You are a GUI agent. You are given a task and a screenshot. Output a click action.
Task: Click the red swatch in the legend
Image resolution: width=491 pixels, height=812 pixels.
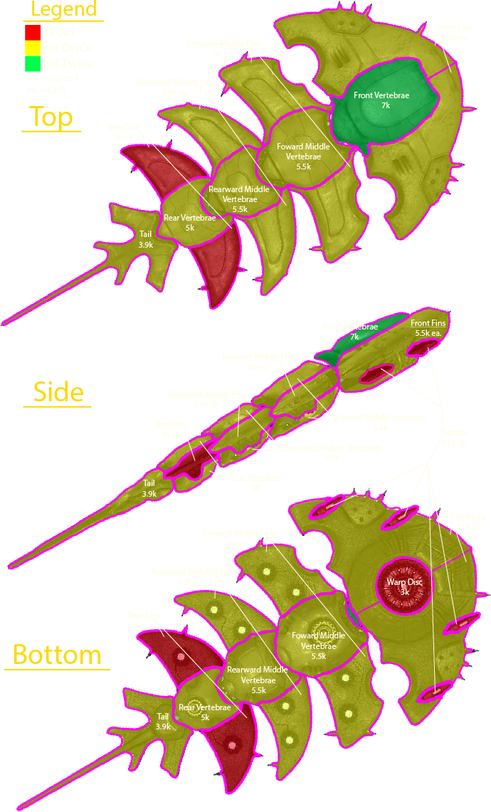pyautogui.click(x=32, y=33)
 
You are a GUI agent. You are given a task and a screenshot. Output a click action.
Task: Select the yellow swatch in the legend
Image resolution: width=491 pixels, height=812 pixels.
pyautogui.click(x=32, y=48)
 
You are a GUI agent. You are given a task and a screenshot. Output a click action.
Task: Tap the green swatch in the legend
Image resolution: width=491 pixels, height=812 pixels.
pyautogui.click(x=32, y=64)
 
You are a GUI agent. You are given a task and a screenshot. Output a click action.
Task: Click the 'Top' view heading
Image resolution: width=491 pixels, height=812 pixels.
pyautogui.click(x=51, y=117)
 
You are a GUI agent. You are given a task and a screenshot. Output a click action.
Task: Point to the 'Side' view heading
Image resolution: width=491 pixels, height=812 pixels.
pyautogui.click(x=58, y=392)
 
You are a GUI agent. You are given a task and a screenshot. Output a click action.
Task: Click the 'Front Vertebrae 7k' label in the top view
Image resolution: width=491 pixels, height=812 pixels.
pyautogui.click(x=376, y=99)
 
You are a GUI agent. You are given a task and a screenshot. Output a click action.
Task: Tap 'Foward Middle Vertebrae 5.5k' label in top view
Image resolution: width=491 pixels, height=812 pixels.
pyautogui.click(x=299, y=156)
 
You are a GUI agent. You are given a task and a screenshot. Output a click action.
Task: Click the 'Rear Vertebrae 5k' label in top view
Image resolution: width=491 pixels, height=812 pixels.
pyautogui.click(x=189, y=223)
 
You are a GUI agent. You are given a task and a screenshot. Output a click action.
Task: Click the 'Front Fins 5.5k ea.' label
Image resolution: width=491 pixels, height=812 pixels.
pyautogui.click(x=428, y=328)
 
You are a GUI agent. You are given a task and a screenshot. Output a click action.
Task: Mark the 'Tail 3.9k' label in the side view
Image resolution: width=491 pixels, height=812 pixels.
pyautogui.click(x=149, y=488)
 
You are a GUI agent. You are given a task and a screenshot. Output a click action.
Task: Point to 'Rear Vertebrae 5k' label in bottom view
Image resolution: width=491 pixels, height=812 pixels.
pyautogui.click(x=204, y=712)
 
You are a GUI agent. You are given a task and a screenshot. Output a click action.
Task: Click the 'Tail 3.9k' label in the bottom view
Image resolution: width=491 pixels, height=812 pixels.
pyautogui.click(x=164, y=721)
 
